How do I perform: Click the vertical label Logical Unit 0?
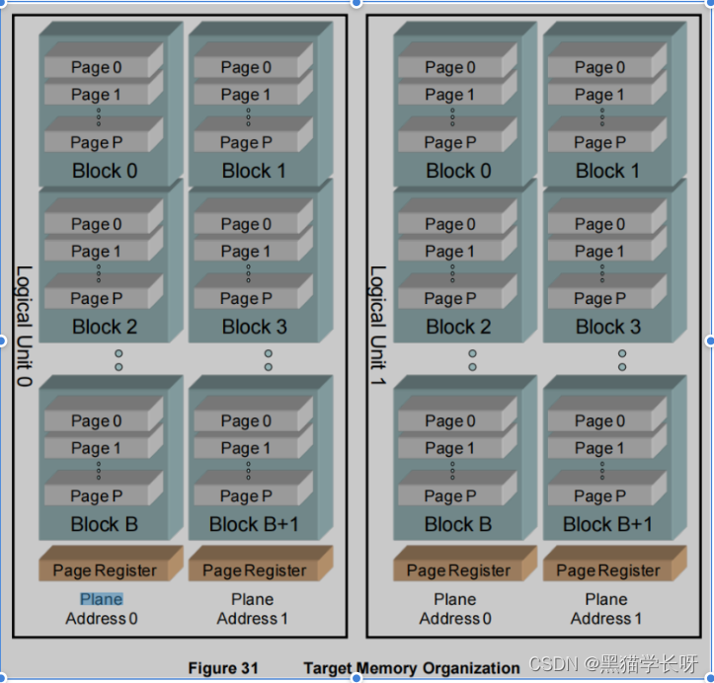click(x=24, y=326)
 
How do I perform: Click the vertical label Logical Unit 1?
click(x=377, y=326)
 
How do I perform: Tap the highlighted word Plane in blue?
click(x=102, y=599)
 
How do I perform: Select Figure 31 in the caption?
click(x=223, y=668)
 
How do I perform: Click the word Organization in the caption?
click(x=471, y=668)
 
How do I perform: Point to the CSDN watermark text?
click(x=613, y=664)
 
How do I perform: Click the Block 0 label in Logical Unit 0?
click(x=105, y=171)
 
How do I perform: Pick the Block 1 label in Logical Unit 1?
click(x=607, y=171)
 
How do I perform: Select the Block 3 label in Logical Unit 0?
click(x=254, y=327)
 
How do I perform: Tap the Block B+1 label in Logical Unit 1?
click(x=607, y=524)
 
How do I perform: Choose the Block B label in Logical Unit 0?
click(x=105, y=524)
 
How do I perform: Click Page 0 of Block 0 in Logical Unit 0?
click(x=97, y=68)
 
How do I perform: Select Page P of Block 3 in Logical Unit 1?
click(x=599, y=299)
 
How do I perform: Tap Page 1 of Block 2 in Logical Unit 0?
click(x=97, y=252)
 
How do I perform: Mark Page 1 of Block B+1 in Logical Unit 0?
click(x=246, y=448)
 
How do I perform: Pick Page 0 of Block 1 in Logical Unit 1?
click(x=599, y=68)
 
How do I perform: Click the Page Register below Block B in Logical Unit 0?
click(x=105, y=570)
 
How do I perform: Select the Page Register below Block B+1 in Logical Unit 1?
click(x=607, y=570)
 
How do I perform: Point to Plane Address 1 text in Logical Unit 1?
click(x=605, y=609)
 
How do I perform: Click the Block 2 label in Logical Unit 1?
click(x=458, y=327)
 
